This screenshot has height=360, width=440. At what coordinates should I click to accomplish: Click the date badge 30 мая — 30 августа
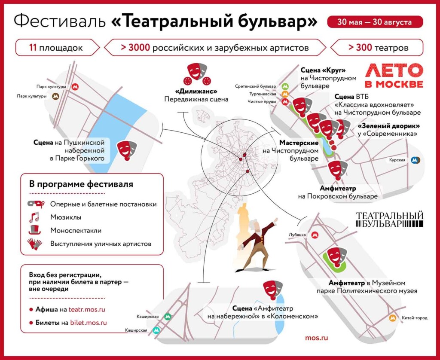tap(375, 22)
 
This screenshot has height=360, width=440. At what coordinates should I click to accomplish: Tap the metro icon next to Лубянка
tap(316, 235)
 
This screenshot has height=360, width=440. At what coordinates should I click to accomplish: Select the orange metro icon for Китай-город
tap(392, 318)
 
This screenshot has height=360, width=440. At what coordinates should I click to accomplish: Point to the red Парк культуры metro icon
tap(75, 87)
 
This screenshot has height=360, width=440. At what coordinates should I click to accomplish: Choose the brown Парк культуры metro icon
tap(56, 96)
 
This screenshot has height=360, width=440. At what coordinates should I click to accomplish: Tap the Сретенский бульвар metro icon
tap(285, 86)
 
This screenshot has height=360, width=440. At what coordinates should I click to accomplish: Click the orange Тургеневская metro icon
tap(285, 94)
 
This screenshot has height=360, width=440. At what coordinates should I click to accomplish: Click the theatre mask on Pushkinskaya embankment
tap(127, 149)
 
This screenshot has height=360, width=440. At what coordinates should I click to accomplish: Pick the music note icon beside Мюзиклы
tap(34, 217)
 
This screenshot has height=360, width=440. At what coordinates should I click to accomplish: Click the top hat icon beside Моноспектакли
tap(34, 230)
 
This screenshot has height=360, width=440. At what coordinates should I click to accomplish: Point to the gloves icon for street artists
tap(34, 244)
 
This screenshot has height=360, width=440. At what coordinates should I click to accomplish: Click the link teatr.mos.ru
tap(87, 309)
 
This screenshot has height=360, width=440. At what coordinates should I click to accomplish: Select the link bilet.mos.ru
tap(89, 323)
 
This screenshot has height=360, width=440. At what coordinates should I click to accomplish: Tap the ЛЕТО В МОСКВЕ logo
tap(394, 76)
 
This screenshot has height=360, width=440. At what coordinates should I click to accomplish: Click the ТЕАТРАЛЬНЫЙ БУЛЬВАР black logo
tap(390, 220)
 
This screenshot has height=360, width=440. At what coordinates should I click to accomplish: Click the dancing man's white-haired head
tap(254, 223)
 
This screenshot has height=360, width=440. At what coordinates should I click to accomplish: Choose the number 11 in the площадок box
tap(33, 47)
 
